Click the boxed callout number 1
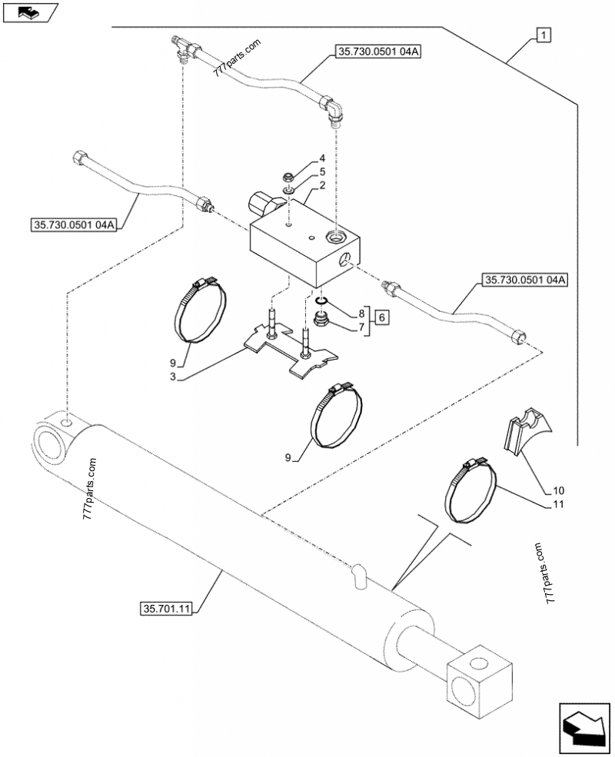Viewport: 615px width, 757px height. click(544, 35)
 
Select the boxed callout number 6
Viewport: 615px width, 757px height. click(381, 317)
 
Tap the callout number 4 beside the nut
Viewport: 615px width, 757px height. click(322, 158)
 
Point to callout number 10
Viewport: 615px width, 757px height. click(558, 490)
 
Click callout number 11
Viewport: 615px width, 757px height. click(558, 504)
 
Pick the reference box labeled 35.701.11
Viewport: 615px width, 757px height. click(166, 609)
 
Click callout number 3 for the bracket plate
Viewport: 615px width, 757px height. click(173, 377)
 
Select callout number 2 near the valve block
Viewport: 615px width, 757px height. click(322, 185)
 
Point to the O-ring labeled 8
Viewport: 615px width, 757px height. click(321, 301)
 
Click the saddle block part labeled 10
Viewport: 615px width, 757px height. click(526, 431)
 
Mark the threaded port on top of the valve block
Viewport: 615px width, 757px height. click(337, 237)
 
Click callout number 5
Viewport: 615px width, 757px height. click(322, 172)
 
